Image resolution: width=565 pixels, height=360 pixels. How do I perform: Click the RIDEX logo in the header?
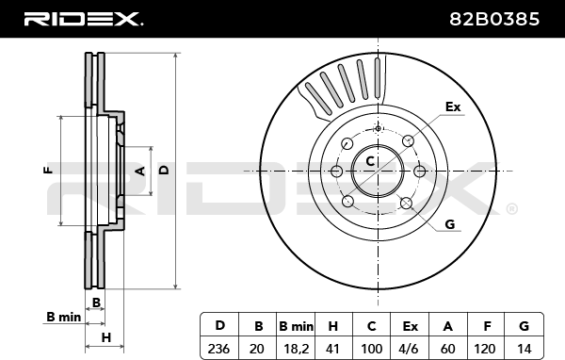[83, 19]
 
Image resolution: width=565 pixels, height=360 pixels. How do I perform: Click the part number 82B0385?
[494, 19]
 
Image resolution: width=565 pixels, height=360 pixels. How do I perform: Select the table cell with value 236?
[218, 349]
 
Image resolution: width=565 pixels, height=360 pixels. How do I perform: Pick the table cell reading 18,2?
[296, 349]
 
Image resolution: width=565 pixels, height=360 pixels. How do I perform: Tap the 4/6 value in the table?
[410, 349]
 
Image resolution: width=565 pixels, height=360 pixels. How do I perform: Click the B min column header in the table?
[296, 326]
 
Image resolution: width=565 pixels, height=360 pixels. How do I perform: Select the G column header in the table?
[524, 326]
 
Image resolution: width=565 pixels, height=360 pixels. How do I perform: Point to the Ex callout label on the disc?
[453, 106]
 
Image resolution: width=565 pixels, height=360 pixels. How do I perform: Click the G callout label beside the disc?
[450, 224]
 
